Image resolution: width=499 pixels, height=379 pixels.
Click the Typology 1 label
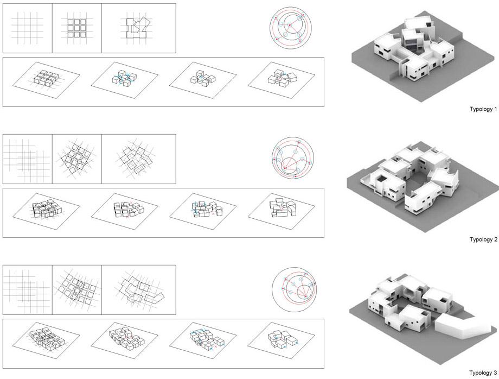coord(483,109)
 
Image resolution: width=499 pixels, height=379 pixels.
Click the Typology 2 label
coord(483,239)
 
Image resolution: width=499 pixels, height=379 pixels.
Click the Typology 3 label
coord(483,372)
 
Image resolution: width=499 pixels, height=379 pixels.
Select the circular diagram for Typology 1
coord(291,28)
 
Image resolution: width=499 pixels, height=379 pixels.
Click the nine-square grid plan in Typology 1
coord(77,28)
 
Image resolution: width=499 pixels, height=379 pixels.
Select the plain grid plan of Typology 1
coord(27,28)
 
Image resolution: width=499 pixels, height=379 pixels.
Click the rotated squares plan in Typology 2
coord(77,159)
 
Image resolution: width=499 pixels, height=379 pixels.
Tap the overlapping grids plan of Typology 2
coord(27,159)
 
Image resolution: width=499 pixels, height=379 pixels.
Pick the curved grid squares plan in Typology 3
coord(77,289)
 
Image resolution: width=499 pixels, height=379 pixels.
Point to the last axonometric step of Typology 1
coord(282,78)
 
